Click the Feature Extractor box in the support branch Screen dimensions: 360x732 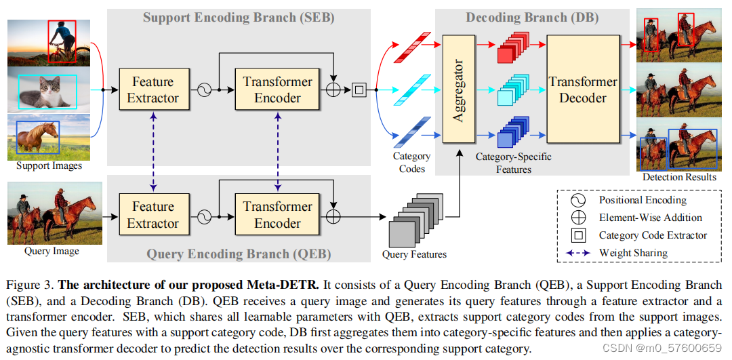tap(152, 89)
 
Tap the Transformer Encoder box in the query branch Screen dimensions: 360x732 tap(277, 215)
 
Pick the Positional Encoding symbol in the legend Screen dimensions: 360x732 tap(578, 201)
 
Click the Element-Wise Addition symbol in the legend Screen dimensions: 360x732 tap(578, 218)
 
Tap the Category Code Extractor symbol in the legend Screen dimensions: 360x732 tap(578, 235)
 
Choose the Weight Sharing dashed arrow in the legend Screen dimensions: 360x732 tap(578, 253)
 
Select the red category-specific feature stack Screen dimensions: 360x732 tap(512, 49)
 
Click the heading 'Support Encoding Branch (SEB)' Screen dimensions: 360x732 tap(239, 18)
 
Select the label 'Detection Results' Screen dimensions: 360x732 tap(678, 177)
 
